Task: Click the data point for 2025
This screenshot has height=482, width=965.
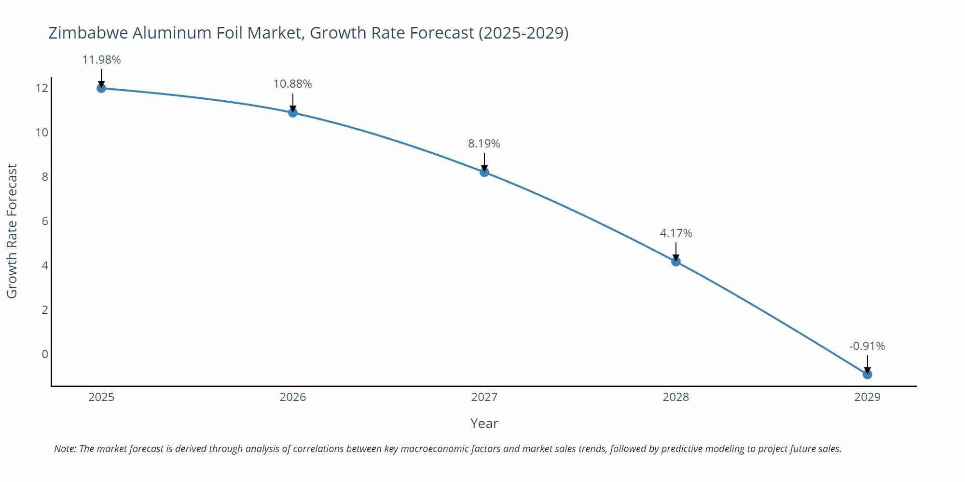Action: (101, 88)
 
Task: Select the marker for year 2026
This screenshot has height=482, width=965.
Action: (293, 113)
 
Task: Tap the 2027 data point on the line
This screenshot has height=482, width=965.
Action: (484, 172)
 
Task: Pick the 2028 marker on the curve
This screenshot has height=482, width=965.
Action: (676, 262)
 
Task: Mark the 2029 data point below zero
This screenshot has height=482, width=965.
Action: (867, 375)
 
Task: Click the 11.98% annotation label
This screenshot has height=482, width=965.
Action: (101, 60)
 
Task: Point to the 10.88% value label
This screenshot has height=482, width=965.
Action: (292, 84)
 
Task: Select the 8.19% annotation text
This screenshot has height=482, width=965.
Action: (484, 144)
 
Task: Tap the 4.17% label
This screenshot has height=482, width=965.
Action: (676, 233)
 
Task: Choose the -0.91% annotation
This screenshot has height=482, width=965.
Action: (867, 346)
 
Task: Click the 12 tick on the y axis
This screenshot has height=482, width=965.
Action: (41, 88)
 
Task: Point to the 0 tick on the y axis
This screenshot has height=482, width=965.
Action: (45, 354)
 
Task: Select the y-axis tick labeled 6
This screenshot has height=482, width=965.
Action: (45, 221)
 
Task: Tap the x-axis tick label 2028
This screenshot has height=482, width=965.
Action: (676, 397)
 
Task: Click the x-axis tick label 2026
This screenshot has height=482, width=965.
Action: (293, 397)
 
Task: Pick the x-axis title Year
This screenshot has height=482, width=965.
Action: (484, 423)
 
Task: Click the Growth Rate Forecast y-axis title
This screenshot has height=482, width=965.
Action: (12, 231)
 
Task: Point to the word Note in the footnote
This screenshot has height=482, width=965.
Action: (64, 449)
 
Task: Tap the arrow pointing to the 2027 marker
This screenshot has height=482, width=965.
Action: (484, 161)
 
